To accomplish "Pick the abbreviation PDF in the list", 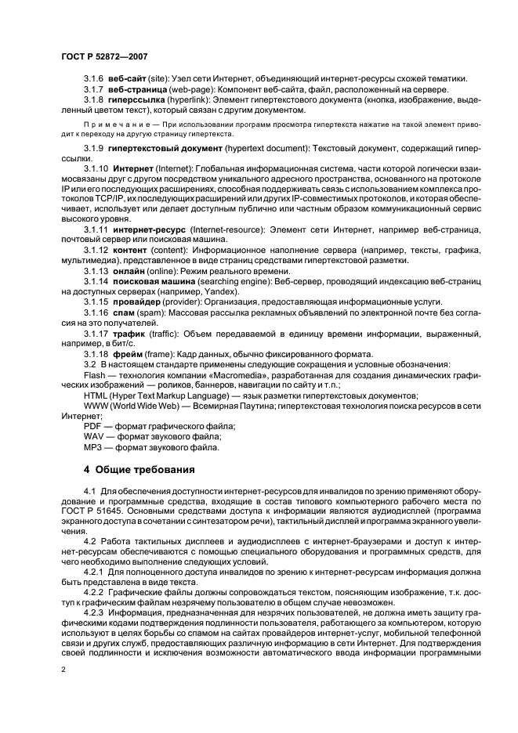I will (92, 425).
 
